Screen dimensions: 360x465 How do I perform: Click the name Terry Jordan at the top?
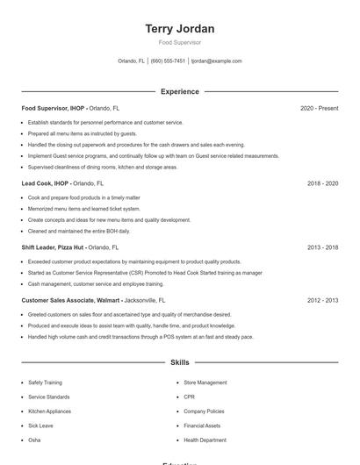pyautogui.click(x=180, y=29)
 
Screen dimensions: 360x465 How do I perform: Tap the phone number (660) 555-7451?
pyautogui.click(x=168, y=61)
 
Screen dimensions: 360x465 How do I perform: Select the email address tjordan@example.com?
pyautogui.click(x=216, y=61)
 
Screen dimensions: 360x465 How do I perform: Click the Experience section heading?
pyautogui.click(x=180, y=91)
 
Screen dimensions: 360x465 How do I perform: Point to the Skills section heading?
pyautogui.click(x=180, y=361)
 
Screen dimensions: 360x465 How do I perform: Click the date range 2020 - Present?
pyautogui.click(x=319, y=108)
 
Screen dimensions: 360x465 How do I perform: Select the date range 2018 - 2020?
pyautogui.click(x=322, y=184)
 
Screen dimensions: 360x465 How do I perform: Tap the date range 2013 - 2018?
pyautogui.click(x=322, y=247)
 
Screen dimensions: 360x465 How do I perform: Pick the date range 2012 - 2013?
pyautogui.click(x=322, y=300)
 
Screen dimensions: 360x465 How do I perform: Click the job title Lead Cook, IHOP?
pyautogui.click(x=46, y=184)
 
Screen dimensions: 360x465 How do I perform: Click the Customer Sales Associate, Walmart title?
pyautogui.click(x=71, y=300)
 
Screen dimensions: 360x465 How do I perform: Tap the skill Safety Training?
pyautogui.click(x=45, y=383)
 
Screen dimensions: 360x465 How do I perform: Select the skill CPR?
pyautogui.click(x=189, y=397)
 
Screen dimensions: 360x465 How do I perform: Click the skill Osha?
pyautogui.click(x=34, y=440)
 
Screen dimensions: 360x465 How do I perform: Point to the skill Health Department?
pyautogui.click(x=205, y=440)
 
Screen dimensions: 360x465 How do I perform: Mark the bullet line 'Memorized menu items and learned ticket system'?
pyautogui.click(x=83, y=209)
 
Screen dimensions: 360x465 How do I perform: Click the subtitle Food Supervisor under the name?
pyautogui.click(x=180, y=42)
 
